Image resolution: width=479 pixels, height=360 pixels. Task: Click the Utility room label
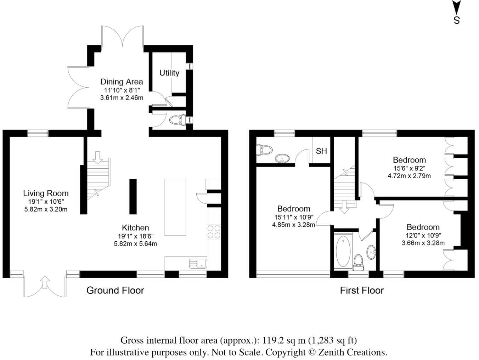tap(169, 73)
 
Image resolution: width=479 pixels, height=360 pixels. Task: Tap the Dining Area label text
tap(122, 82)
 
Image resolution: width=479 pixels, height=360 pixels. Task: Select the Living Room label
tap(46, 193)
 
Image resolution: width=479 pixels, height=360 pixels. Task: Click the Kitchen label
tap(135, 228)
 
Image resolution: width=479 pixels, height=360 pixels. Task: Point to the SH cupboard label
tap(321, 151)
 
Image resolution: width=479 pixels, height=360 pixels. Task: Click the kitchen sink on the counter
tap(198, 263)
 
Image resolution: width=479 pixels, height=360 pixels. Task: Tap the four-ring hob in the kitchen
tap(214, 232)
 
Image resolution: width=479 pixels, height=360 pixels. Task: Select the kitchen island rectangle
tap(175, 207)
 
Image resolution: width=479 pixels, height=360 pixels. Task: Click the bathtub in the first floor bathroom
tap(343, 252)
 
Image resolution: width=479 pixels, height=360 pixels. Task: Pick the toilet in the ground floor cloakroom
tap(177, 120)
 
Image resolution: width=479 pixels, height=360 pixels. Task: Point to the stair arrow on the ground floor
tap(98, 157)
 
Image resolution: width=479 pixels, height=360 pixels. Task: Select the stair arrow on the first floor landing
tap(343, 207)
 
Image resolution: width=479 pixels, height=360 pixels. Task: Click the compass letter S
tap(457, 21)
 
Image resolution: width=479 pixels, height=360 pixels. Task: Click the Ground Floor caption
tap(115, 291)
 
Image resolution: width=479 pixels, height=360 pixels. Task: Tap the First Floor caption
tap(362, 291)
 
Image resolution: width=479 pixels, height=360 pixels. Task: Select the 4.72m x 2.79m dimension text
tap(409, 175)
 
